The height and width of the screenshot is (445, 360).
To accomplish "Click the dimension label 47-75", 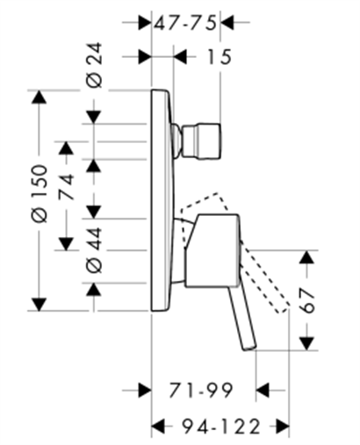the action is click(x=185, y=23).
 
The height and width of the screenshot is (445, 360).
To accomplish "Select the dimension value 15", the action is click(x=220, y=56).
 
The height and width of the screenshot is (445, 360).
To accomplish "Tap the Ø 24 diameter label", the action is click(x=95, y=65).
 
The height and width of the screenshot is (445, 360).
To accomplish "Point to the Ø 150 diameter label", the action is click(x=40, y=193).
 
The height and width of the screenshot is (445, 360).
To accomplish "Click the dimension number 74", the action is click(x=66, y=187).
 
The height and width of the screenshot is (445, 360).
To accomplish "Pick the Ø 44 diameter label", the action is click(x=95, y=250).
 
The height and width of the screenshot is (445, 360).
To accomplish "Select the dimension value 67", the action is click(x=307, y=300).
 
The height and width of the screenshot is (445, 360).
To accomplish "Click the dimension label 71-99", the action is click(x=201, y=390).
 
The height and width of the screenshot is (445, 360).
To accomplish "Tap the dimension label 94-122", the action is click(x=221, y=426).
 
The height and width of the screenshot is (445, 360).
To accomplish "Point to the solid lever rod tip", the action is click(x=249, y=347).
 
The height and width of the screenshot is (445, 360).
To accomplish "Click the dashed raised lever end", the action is click(x=283, y=309).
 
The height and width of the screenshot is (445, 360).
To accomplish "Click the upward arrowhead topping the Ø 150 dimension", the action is click(x=40, y=97).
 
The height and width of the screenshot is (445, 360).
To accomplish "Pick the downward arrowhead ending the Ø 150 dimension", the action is click(x=40, y=305).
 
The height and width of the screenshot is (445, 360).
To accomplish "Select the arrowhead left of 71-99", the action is click(x=145, y=390).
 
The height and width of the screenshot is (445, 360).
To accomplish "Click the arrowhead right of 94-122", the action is click(x=283, y=426).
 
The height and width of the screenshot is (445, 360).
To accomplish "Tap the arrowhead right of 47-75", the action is click(x=227, y=22).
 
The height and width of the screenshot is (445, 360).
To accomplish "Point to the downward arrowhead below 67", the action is click(x=306, y=343).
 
